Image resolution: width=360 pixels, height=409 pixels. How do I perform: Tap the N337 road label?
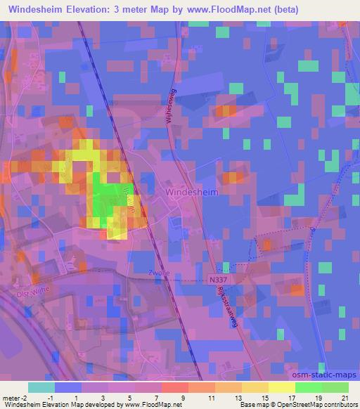(x=218, y=280)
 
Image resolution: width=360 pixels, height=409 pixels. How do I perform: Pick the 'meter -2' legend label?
(x=13, y=398)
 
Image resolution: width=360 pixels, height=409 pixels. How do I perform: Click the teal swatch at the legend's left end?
(x=41, y=387)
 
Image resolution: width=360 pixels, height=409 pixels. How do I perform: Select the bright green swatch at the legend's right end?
(x=335, y=387)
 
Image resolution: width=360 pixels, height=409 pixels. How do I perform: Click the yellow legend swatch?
(x=281, y=387)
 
